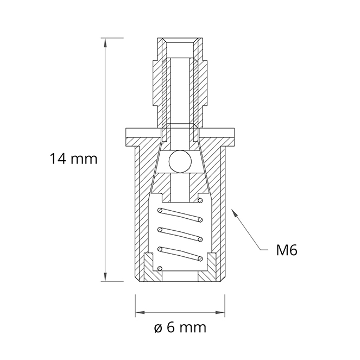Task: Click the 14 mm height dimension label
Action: (x=73, y=159)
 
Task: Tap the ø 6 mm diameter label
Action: (x=180, y=327)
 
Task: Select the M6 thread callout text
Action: (x=287, y=250)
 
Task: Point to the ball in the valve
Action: (x=180, y=162)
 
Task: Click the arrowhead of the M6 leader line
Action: (x=234, y=212)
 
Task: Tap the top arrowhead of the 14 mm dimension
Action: (x=105, y=42)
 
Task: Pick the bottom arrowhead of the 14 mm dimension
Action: (x=105, y=277)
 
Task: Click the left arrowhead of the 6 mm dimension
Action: (x=140, y=312)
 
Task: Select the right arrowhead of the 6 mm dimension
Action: (x=220, y=312)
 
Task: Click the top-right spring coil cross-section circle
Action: (x=200, y=200)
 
